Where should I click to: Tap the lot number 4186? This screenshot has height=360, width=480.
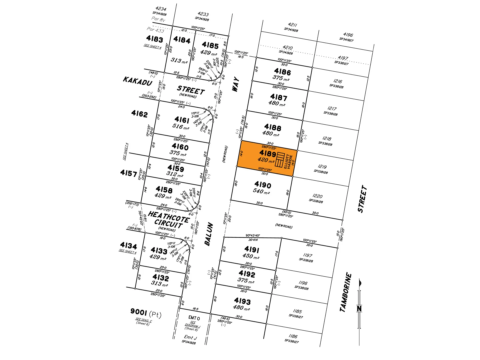[282, 72]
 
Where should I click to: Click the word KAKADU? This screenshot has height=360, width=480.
[137, 81]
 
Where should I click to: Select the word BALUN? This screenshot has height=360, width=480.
[209, 234]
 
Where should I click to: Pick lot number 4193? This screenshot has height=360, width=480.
[242, 301]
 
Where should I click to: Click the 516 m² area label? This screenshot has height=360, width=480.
[180, 126]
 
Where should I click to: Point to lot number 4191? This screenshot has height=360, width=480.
[251, 249]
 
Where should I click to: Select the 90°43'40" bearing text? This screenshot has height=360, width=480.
[253, 236]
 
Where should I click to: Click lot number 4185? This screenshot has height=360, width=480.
[210, 45]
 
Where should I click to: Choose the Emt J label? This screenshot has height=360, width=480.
[190, 337]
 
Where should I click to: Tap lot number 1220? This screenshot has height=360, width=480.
[317, 196]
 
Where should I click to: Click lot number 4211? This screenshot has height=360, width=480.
[292, 25]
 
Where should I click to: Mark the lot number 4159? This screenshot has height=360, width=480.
[176, 168]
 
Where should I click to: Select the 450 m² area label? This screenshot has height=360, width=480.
[251, 256]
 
